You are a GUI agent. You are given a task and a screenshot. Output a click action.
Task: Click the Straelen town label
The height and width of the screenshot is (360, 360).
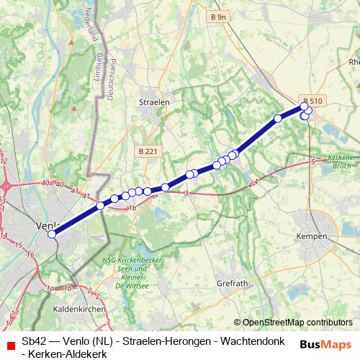(x=153, y=102)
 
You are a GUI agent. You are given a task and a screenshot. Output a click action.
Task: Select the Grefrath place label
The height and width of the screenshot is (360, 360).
(x=231, y=284)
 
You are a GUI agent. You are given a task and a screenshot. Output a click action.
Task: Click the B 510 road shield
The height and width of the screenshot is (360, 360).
(x=312, y=101)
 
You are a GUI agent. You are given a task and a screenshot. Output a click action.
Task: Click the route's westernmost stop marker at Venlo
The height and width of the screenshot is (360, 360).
(x=52, y=234)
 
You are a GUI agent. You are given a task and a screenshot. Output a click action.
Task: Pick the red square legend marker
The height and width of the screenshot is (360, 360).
(x=8, y=341)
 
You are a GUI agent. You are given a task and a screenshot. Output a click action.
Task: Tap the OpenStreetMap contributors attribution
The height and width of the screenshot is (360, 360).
(x=293, y=323)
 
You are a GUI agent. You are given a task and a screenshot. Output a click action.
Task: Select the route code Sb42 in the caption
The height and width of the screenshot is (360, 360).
(x=34, y=341)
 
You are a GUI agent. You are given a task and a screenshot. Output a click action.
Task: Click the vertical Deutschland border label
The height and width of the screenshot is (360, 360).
(x=112, y=84)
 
